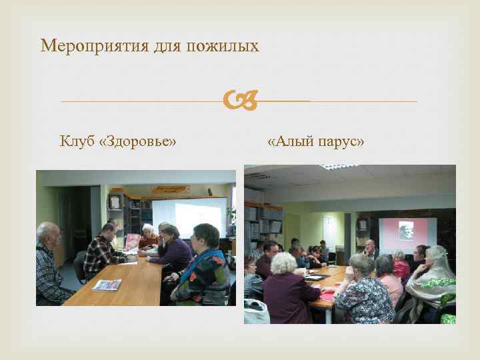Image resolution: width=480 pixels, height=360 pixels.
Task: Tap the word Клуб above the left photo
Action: (77, 141)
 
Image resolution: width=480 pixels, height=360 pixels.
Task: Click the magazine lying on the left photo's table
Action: (107, 285)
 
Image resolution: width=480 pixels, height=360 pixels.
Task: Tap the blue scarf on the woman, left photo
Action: (200, 267)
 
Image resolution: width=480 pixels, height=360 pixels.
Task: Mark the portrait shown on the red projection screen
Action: (406, 231)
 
